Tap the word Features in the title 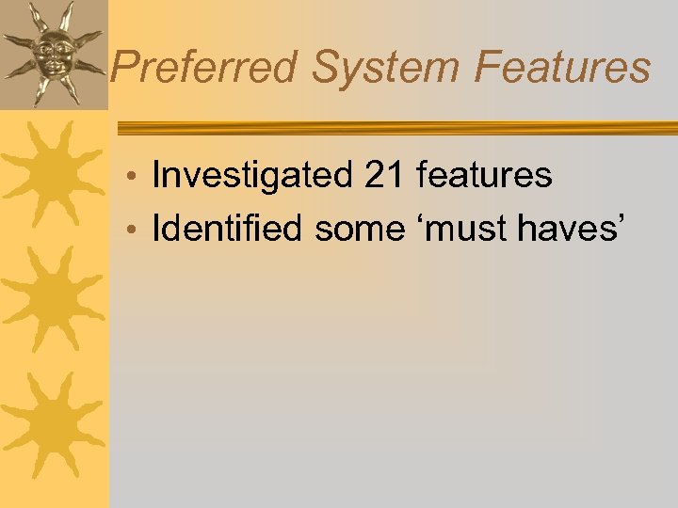tap(562, 68)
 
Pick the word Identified tap(230, 229)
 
